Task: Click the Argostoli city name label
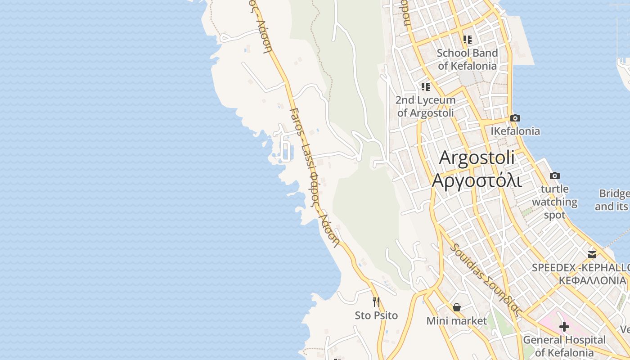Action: tap(477, 158)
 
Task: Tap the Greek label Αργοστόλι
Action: tap(477, 180)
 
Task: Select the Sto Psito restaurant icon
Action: tap(376, 301)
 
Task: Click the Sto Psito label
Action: tap(376, 315)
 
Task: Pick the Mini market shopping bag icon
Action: tap(457, 307)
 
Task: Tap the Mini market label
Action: tap(457, 321)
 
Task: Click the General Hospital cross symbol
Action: tap(564, 327)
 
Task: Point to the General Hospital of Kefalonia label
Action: tap(564, 346)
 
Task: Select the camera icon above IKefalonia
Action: tap(515, 118)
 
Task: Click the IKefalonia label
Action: tap(515, 131)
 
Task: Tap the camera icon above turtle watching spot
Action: tap(555, 175)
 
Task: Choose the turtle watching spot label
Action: tap(555, 202)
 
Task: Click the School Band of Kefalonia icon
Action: tap(468, 40)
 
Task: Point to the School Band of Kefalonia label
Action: tap(468, 59)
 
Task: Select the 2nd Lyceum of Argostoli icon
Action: tap(426, 86)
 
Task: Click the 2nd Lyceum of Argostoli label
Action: tap(426, 106)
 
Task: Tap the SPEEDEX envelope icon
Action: tap(592, 254)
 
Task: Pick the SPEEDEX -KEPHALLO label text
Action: tap(580, 268)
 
